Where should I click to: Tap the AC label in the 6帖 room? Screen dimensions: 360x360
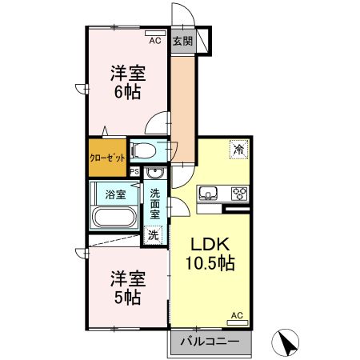pos(154,40)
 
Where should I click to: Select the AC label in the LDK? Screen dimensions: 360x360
pos(237,315)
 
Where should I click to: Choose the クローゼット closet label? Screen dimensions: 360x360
pos(106,157)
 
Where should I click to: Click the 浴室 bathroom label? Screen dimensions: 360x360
pos(106,194)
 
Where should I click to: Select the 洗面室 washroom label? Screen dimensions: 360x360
pos(155,204)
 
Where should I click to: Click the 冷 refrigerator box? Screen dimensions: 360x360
pos(238,150)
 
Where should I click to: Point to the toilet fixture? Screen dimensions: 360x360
pos(145,150)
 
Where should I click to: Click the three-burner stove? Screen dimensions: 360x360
pos(239,193)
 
